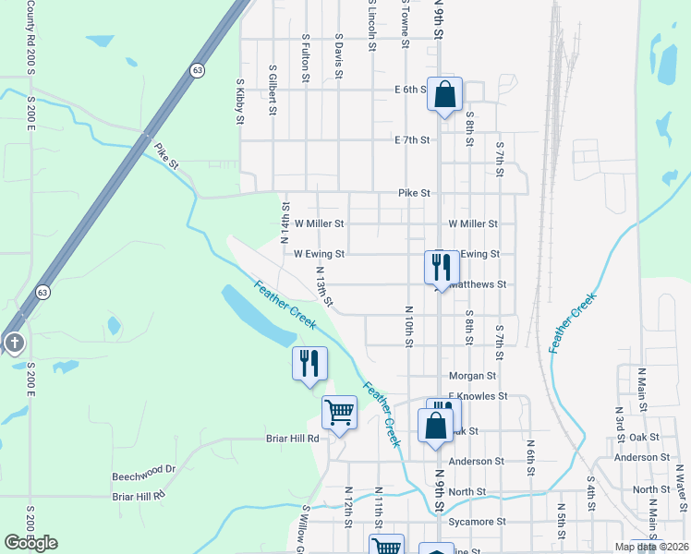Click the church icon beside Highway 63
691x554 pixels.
(14, 343)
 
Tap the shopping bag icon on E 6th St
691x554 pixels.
(444, 94)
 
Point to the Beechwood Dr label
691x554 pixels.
(143, 469)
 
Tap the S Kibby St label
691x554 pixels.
(239, 101)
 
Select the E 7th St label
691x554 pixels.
(412, 140)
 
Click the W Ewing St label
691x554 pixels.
(319, 253)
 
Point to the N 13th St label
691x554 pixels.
(323, 287)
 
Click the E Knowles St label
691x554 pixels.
(478, 396)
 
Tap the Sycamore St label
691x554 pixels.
(476, 522)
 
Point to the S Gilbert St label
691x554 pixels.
(273, 90)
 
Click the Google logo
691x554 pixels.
(30, 542)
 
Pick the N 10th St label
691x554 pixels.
(407, 327)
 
